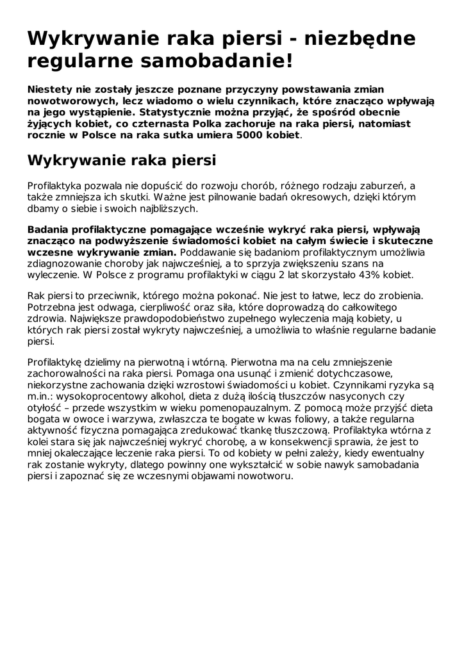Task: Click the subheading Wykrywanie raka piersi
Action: pyautogui.click(x=122, y=160)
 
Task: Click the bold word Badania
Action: pyautogui.click(x=50, y=229)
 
